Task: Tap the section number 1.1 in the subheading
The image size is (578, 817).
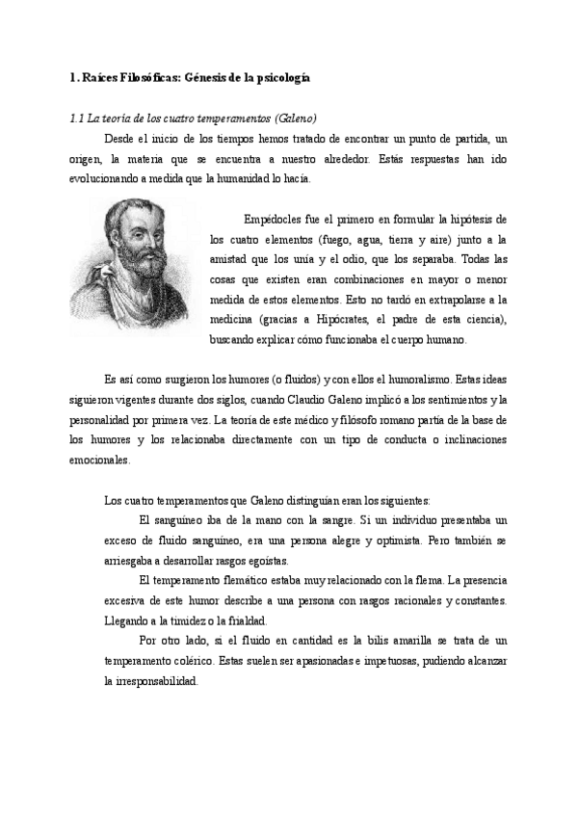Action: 77,119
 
